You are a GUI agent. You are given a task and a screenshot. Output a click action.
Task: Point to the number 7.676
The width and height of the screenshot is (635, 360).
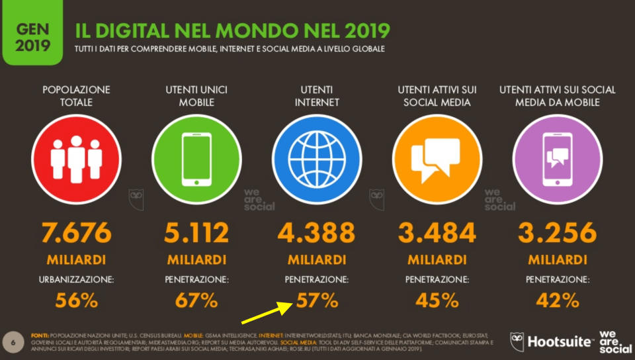pos(76,233)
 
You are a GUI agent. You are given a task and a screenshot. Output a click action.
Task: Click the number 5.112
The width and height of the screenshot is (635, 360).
pos(196,233)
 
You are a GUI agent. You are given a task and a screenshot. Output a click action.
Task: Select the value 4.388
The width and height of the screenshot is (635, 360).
pos(316,233)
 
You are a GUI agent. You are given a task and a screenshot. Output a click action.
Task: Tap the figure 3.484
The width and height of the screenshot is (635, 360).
pos(437,233)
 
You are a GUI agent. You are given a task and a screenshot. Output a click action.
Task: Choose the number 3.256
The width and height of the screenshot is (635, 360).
pos(557,233)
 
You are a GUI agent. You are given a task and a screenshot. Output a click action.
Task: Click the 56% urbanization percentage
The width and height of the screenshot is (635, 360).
pos(76,300)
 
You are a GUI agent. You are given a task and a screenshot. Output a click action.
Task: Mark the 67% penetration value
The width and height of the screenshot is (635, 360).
pos(196,300)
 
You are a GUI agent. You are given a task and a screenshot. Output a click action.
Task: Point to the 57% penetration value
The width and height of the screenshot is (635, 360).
pos(317,300)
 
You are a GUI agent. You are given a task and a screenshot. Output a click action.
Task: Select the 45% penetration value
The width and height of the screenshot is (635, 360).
pos(437,300)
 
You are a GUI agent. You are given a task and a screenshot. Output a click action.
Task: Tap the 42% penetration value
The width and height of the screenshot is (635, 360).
pos(557,300)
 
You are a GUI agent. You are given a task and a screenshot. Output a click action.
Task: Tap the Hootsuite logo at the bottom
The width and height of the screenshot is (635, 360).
pos(552,342)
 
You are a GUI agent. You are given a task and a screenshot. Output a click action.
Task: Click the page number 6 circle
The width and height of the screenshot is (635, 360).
pos(13,341)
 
